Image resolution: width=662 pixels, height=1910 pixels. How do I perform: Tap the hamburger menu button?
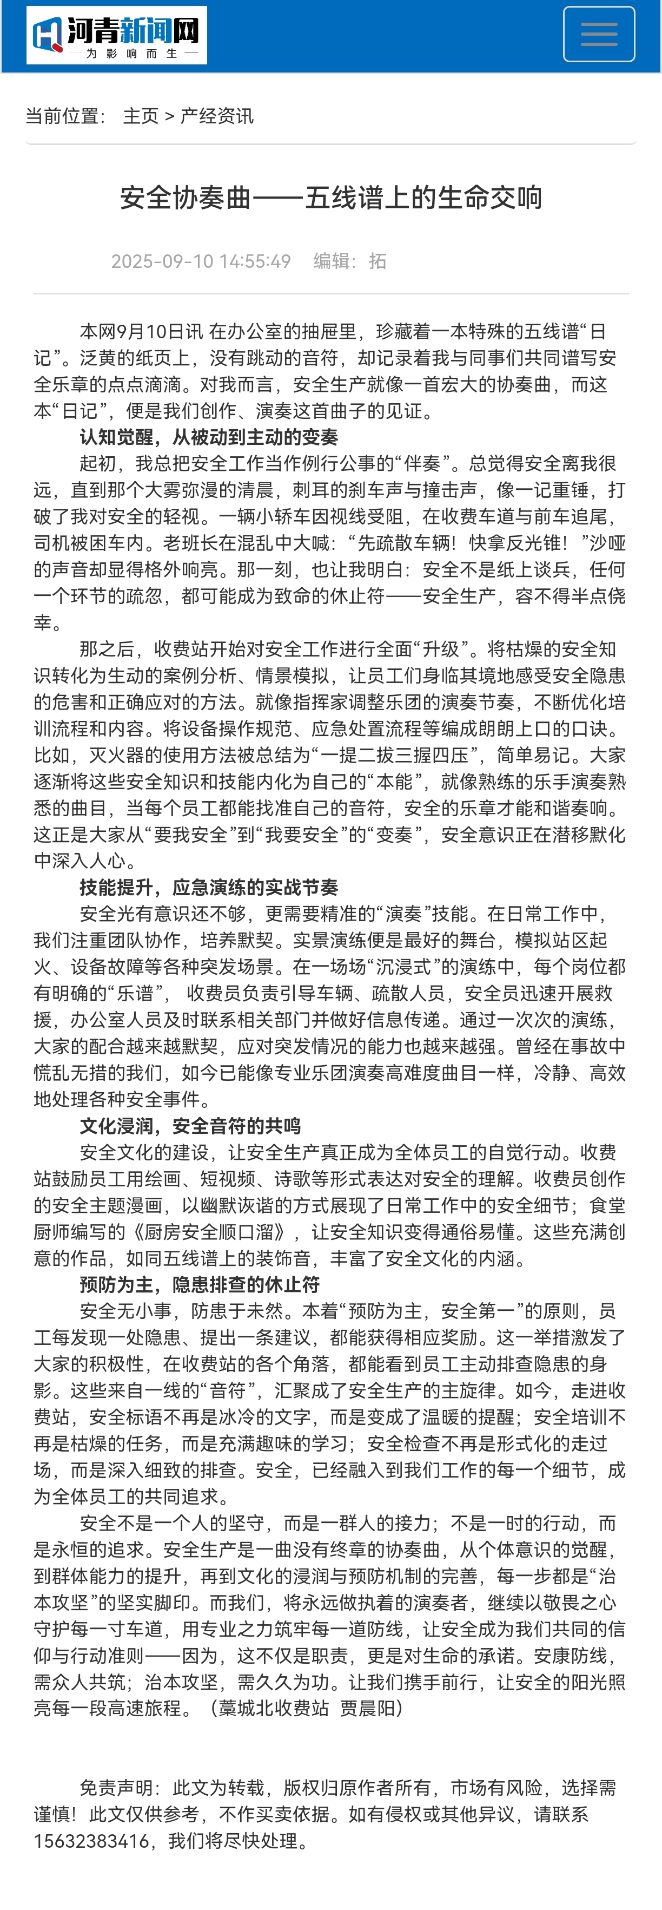click(598, 34)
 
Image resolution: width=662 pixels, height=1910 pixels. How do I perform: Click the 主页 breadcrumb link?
click(141, 116)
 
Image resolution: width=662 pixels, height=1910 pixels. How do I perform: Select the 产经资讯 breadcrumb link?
click(217, 116)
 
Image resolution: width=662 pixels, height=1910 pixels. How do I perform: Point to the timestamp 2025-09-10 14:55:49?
click(201, 261)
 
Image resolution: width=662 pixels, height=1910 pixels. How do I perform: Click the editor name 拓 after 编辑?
click(378, 261)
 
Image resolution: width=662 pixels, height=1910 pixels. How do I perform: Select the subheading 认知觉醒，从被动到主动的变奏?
click(209, 437)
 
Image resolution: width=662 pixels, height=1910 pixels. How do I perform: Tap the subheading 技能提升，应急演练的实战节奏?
click(209, 888)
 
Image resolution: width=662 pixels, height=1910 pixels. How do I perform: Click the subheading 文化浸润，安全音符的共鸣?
click(190, 1126)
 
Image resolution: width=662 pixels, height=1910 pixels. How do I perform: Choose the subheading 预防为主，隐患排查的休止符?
click(200, 1285)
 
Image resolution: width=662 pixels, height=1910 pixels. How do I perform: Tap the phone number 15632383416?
click(91, 1841)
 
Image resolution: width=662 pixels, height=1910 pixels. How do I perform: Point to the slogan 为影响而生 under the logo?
click(132, 54)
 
